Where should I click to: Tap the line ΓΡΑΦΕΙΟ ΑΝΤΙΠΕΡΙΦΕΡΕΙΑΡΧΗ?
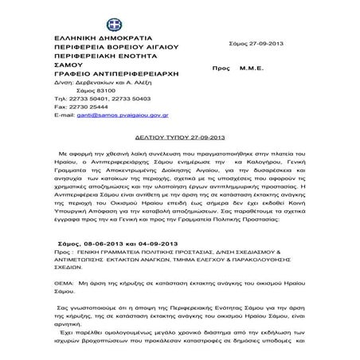coord(118,83)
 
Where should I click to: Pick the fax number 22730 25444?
coord(87,116)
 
